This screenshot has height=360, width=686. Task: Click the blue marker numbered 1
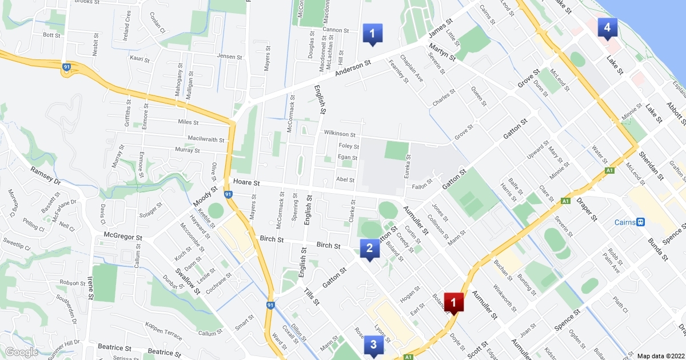click(x=372, y=34)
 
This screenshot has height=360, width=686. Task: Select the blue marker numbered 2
click(x=369, y=249)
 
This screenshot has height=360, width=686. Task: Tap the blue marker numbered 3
click(x=373, y=345)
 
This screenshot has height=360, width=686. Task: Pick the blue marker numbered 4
click(x=607, y=27)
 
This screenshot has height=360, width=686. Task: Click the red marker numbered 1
click(x=454, y=302)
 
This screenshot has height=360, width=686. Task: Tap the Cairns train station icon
click(x=641, y=222)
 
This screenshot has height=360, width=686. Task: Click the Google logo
click(x=21, y=352)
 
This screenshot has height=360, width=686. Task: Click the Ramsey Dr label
click(x=45, y=175)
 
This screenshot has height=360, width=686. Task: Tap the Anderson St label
click(x=353, y=70)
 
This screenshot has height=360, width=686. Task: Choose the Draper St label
click(x=587, y=210)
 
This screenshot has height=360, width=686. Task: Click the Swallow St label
click(x=187, y=281)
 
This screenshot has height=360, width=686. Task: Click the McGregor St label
click(x=122, y=235)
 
